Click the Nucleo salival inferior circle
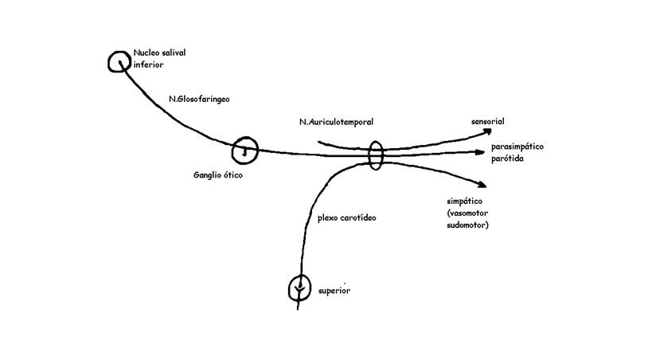click(119, 61)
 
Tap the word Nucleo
click(146, 53)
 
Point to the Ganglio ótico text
click(217, 175)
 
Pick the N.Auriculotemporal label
click(331, 122)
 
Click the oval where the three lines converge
click(377, 155)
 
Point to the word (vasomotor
click(469, 214)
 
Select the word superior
click(334, 291)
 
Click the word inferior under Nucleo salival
click(148, 65)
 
